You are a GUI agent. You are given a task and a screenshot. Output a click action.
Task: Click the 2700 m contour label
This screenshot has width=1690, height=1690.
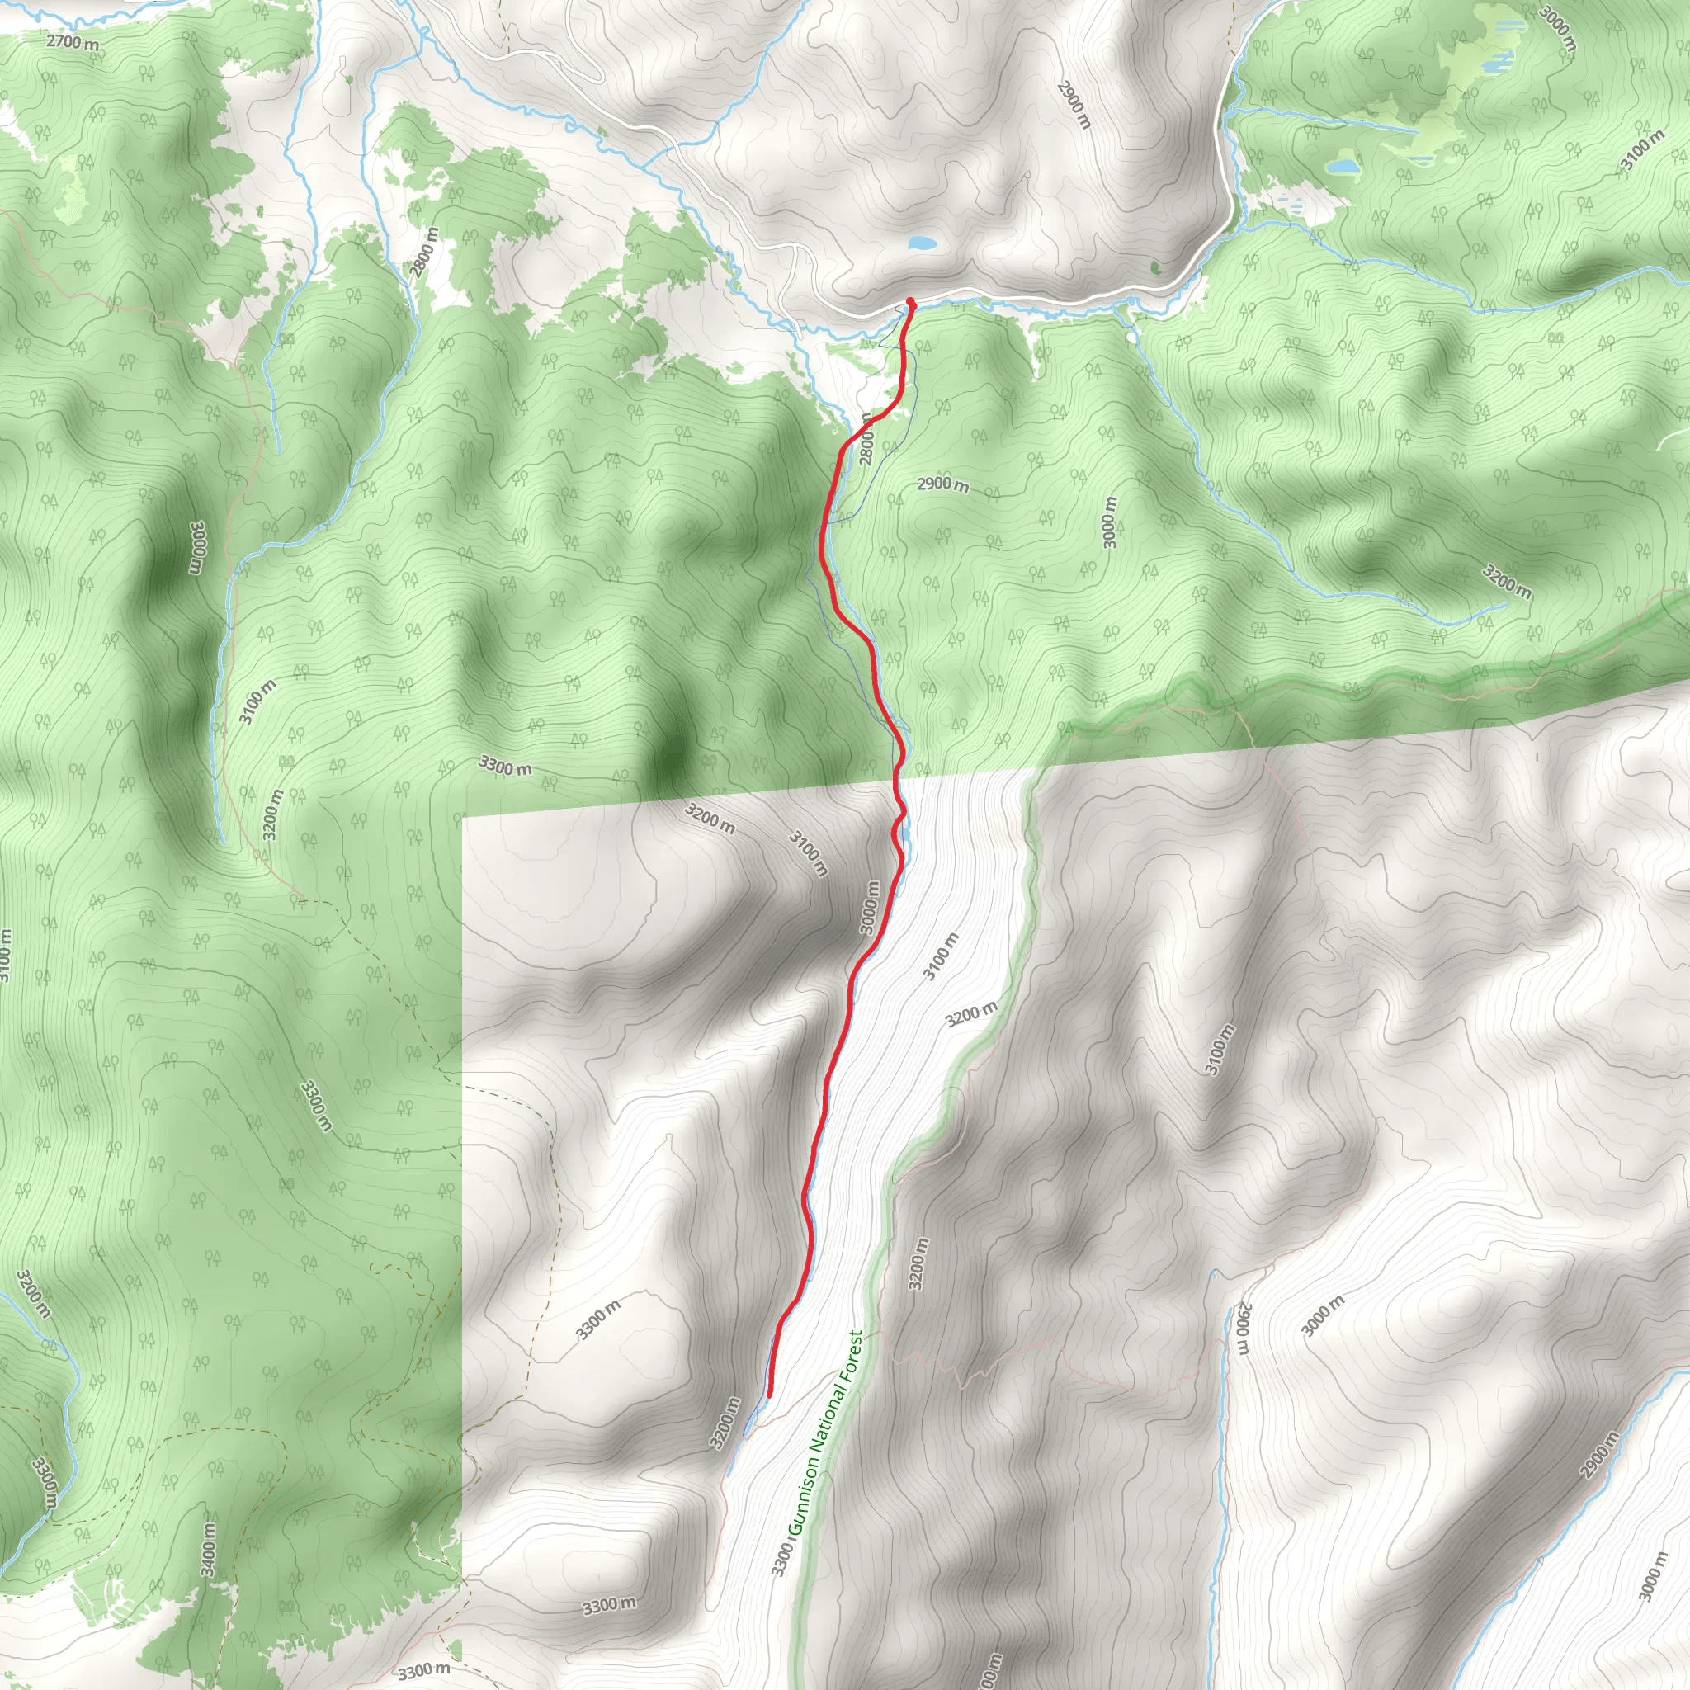point(73,41)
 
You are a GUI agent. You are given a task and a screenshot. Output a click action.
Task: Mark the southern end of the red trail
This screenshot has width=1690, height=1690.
point(770,1395)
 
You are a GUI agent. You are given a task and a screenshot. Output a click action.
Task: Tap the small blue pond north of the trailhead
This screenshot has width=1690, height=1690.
point(922,243)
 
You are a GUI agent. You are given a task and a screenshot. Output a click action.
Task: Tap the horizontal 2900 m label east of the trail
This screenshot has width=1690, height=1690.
point(943,484)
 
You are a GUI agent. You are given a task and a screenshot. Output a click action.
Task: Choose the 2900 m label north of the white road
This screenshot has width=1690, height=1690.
point(1074,104)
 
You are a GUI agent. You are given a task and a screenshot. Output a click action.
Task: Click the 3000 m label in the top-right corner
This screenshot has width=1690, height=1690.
point(1557,31)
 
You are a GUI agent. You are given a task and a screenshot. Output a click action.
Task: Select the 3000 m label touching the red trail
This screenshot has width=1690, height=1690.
point(870,908)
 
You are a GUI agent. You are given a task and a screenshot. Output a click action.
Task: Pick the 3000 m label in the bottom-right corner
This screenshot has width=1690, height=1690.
point(1653,1574)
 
